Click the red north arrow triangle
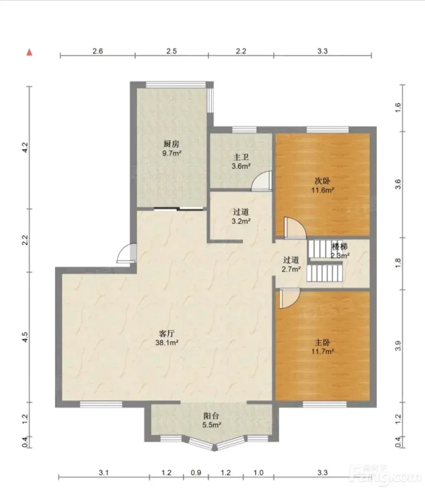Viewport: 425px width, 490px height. coord(29,52)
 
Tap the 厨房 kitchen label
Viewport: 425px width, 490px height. coord(172,144)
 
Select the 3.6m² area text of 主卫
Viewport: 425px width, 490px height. coord(241,166)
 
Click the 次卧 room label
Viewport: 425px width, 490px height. coord(323,181)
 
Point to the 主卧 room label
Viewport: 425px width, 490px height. coord(323,342)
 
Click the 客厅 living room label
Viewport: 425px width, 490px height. coord(167,333)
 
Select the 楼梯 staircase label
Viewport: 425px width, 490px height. coord(339,247)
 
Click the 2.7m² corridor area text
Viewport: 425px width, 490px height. coord(291,269)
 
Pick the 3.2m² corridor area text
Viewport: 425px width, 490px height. coord(241,221)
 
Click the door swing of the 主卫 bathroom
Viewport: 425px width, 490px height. coord(261,181)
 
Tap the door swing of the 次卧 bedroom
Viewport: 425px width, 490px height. coord(295,228)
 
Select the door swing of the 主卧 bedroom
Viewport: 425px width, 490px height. coord(290,298)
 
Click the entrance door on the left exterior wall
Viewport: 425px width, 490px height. coord(127,253)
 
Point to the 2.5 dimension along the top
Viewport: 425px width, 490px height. coord(172,51)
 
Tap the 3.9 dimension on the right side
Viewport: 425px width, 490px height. coord(398,345)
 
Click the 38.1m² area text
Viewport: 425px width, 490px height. coord(167,343)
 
